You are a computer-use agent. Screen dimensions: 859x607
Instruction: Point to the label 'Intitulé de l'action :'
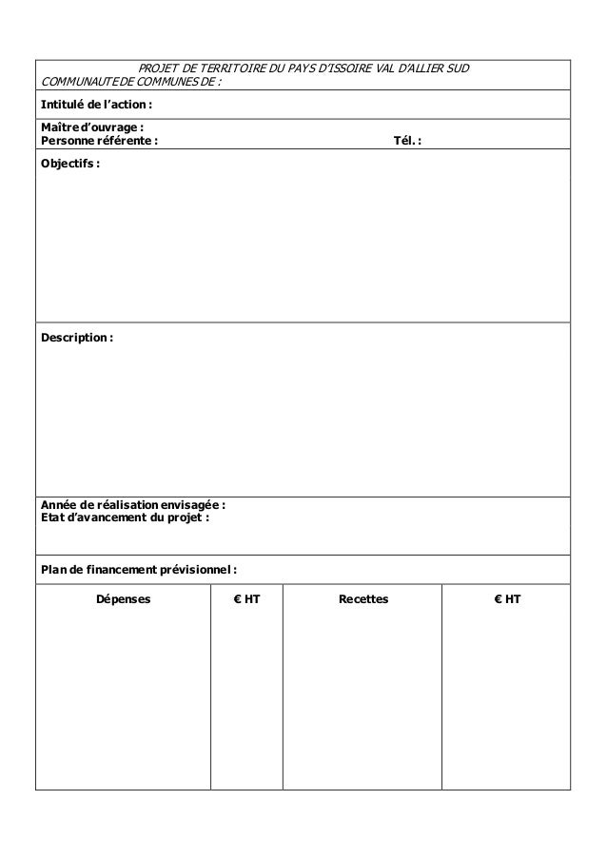96,104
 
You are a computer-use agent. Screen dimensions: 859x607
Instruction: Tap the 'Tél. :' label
408,141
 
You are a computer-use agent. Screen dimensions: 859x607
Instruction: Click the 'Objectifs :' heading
69,164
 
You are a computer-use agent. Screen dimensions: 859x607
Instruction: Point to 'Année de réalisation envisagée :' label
133,505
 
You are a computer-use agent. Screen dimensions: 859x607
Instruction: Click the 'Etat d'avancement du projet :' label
125,518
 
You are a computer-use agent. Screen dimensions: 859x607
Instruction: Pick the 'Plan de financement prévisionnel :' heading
139,570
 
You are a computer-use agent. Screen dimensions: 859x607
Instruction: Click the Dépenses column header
123,600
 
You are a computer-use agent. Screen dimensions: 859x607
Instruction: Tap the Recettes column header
363,600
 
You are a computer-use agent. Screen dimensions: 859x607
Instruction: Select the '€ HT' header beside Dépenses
246,600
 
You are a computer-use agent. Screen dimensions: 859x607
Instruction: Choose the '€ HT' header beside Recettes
506,600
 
